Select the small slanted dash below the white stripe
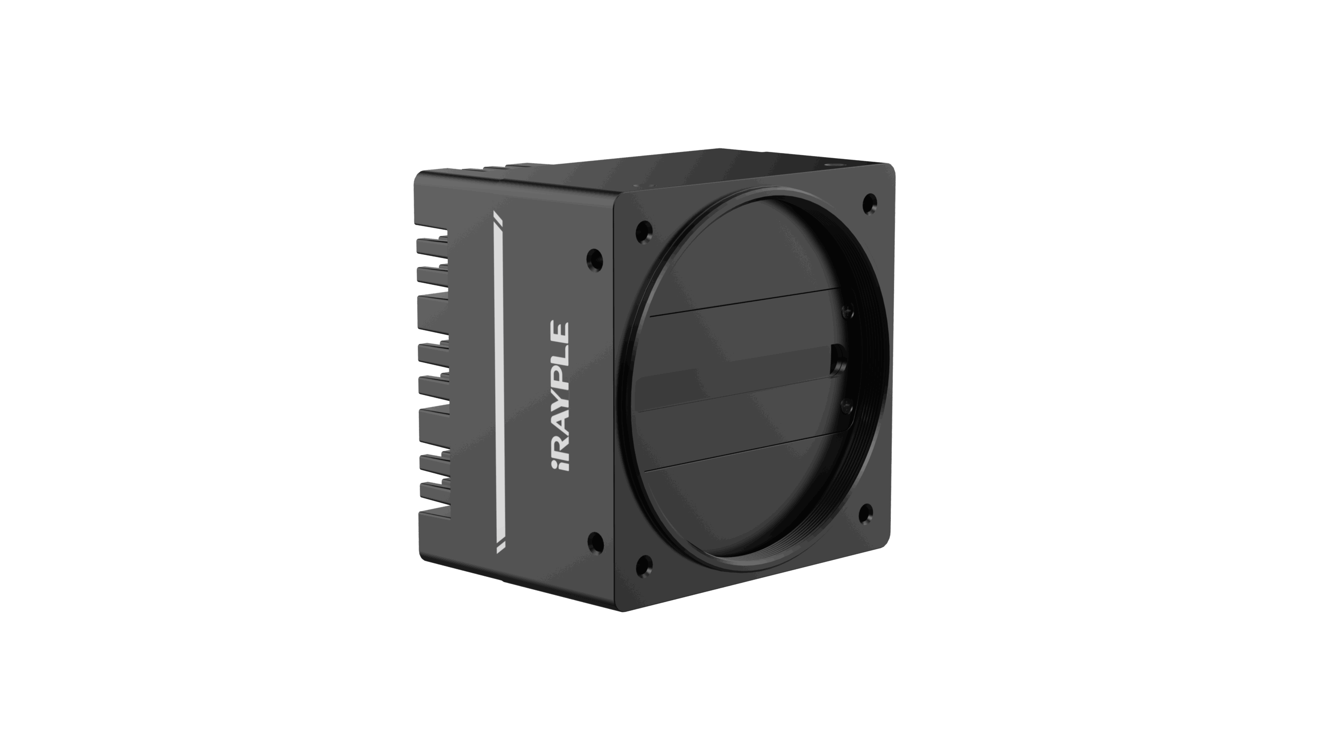(500, 548)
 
